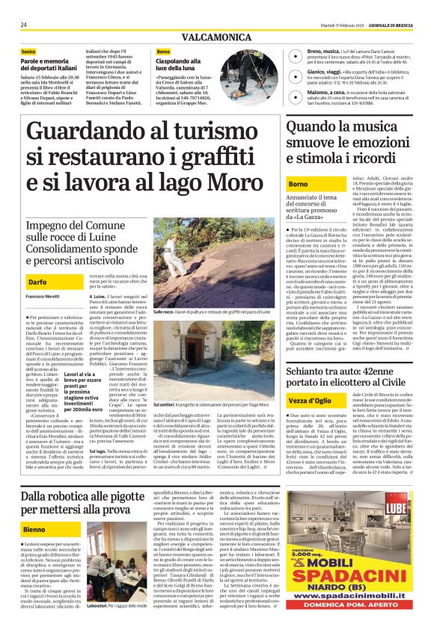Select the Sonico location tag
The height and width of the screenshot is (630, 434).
(x=28, y=51)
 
